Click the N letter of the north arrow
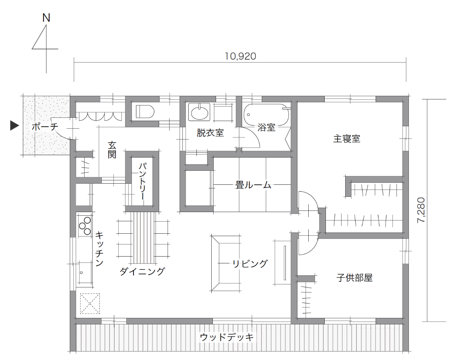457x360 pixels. coord(46,18)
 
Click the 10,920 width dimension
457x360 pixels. coord(241,56)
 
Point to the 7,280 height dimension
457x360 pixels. coord(421,210)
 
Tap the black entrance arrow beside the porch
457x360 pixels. coord(14,125)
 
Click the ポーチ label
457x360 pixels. coord(45,127)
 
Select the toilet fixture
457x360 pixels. coord(145,111)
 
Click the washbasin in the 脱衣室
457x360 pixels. coord(199,112)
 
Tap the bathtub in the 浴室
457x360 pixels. coord(266,114)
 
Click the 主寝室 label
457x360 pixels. coord(346,138)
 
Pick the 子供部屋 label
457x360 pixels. coord(354,277)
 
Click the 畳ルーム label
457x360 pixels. coord(253,185)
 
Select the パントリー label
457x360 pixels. coord(142,181)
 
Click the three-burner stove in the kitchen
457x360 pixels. coord(85,225)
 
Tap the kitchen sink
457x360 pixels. coord(85,273)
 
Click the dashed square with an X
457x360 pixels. coord(90,303)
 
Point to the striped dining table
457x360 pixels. coord(143,238)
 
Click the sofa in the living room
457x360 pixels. coord(226,263)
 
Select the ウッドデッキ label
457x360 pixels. coord(226,337)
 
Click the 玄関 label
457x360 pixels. coord(112,150)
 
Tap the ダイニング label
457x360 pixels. coord(142,271)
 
